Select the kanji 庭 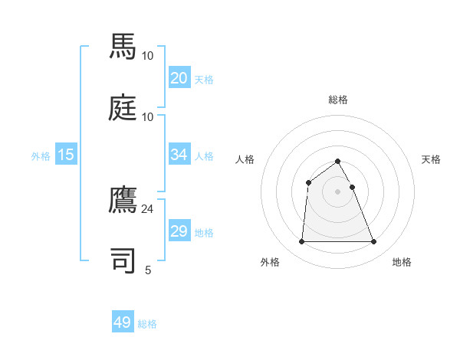tap(123, 106)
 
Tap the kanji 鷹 tap(123, 199)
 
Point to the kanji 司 tap(123, 260)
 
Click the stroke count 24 tap(147, 208)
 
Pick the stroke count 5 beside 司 tap(148, 270)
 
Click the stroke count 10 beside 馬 tap(147, 55)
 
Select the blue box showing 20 tap(179, 78)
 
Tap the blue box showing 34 tap(179, 155)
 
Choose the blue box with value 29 tap(179, 231)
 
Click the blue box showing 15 tap(66, 155)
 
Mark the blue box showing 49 tap(123, 323)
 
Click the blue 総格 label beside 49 tap(147, 324)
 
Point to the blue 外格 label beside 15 tap(41, 156)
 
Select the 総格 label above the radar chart tap(337, 100)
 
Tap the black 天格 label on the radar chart tap(432, 159)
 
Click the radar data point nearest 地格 tap(374, 242)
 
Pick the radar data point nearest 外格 tap(301, 242)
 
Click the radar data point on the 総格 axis tap(337, 161)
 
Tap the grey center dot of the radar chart tap(337, 191)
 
